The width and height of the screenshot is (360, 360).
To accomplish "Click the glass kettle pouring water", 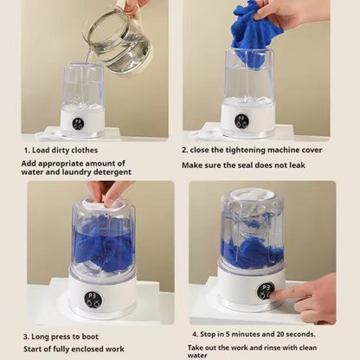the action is tap(119, 41).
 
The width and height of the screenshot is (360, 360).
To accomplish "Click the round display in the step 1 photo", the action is tap(78, 124).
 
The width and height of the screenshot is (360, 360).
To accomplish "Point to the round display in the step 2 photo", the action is tap(241, 121).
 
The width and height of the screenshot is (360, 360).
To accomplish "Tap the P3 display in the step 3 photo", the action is tap(93, 299).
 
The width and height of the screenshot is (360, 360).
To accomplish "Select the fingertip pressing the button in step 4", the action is tap(273, 296).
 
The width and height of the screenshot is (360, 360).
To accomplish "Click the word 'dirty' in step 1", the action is tap(61, 151).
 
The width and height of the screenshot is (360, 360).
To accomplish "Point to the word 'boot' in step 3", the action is tap(90, 337).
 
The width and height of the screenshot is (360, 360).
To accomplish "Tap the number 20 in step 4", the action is tap(280, 334).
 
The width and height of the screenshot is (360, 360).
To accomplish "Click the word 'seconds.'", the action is tap(301, 334).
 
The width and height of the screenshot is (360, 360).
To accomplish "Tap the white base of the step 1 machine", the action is tap(83, 122).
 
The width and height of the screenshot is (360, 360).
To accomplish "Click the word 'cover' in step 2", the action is tap(312, 151).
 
